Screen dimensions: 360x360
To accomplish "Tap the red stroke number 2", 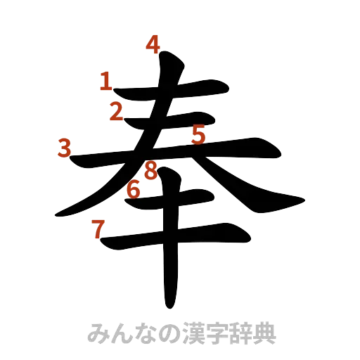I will coord(116,110).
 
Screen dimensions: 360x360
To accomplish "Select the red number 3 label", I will coord(65,148).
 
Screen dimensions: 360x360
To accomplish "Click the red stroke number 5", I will coord(198,134).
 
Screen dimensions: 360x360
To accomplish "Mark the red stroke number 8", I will coord(150,169).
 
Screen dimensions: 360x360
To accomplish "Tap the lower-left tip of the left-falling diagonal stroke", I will coord(58,213).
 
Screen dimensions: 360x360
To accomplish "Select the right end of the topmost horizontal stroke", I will coord(229,89).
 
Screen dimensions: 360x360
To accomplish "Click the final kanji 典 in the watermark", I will coord(268,332).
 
